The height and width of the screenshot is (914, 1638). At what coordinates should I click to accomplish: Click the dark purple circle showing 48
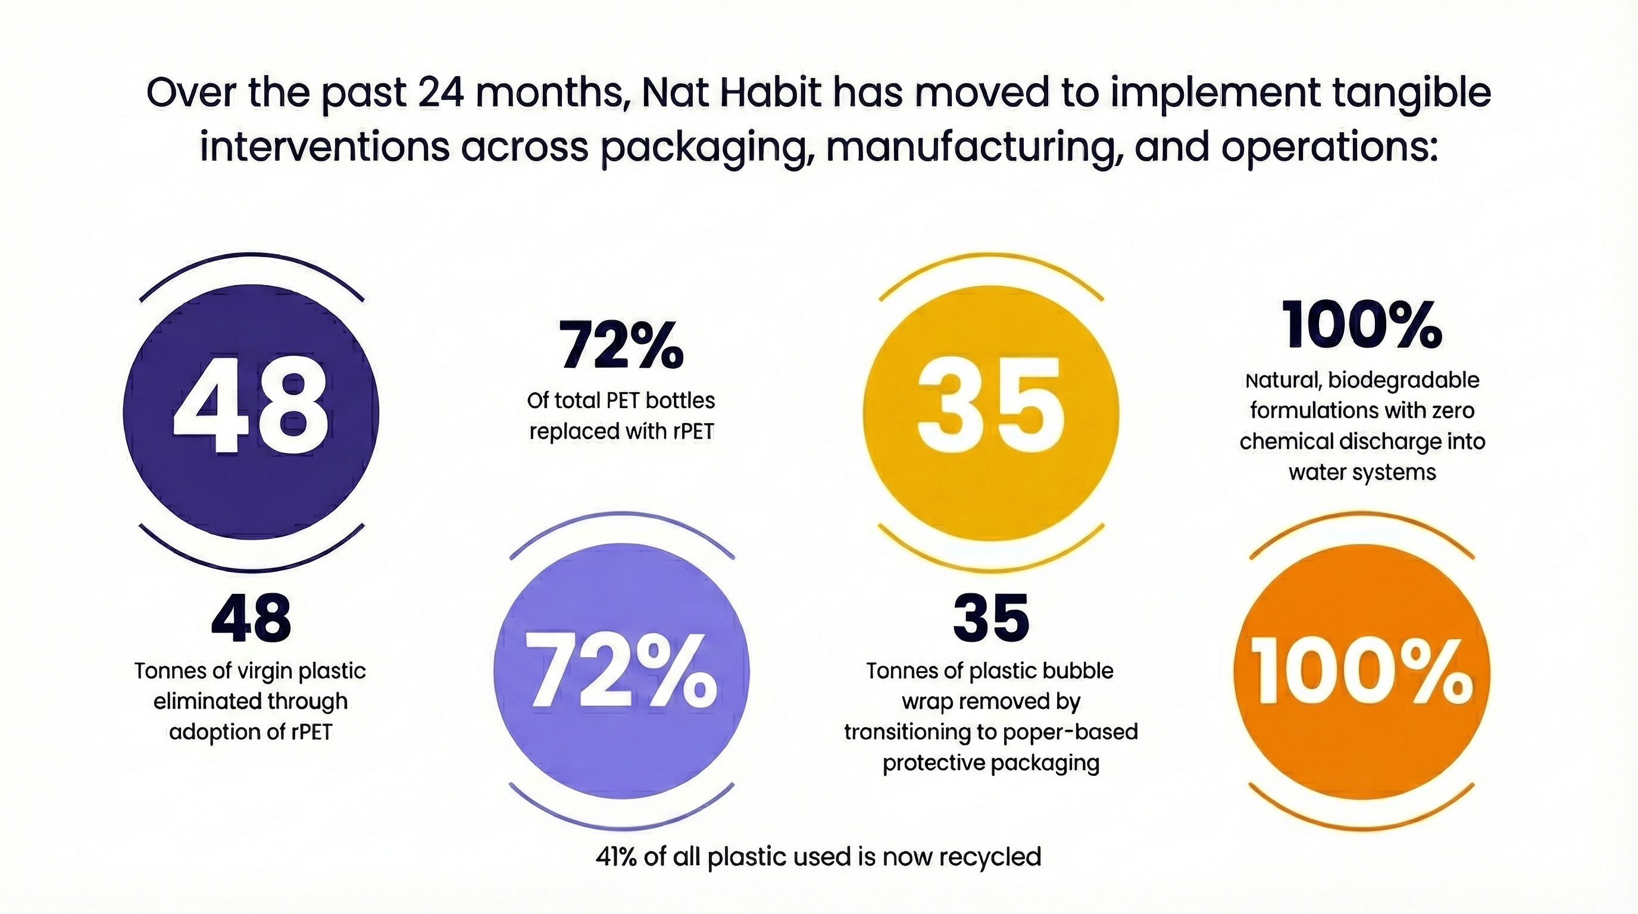point(251,412)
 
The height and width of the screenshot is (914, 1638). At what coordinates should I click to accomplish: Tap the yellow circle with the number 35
point(990,412)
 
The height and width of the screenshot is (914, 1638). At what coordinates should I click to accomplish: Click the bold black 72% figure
point(621,347)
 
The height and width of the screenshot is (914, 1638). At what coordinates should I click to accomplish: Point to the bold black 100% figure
point(1361,325)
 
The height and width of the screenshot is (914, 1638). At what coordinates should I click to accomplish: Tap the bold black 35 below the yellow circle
point(990,618)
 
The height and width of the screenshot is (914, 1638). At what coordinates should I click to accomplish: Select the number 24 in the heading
point(440,93)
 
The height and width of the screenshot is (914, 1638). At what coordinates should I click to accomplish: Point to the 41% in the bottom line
point(615,857)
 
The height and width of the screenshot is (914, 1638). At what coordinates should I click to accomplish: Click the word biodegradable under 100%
point(1403,381)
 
